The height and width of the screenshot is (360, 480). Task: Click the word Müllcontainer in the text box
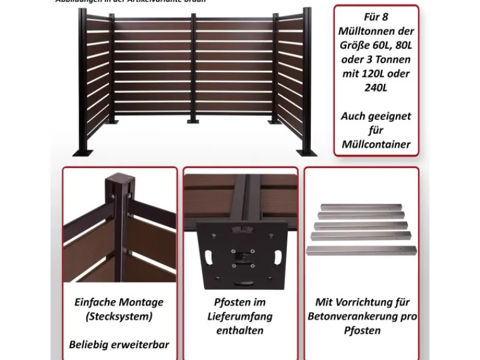pyautogui.click(x=376, y=144)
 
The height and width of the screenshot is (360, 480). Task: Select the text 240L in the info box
pyautogui.click(x=376, y=88)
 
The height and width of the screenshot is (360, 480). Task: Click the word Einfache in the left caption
pyautogui.click(x=95, y=302)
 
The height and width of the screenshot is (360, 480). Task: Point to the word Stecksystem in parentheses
pyautogui.click(x=119, y=316)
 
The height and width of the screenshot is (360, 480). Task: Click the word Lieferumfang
pyautogui.click(x=239, y=316)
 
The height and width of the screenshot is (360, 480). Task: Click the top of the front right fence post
pyautogui.click(x=308, y=11)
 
